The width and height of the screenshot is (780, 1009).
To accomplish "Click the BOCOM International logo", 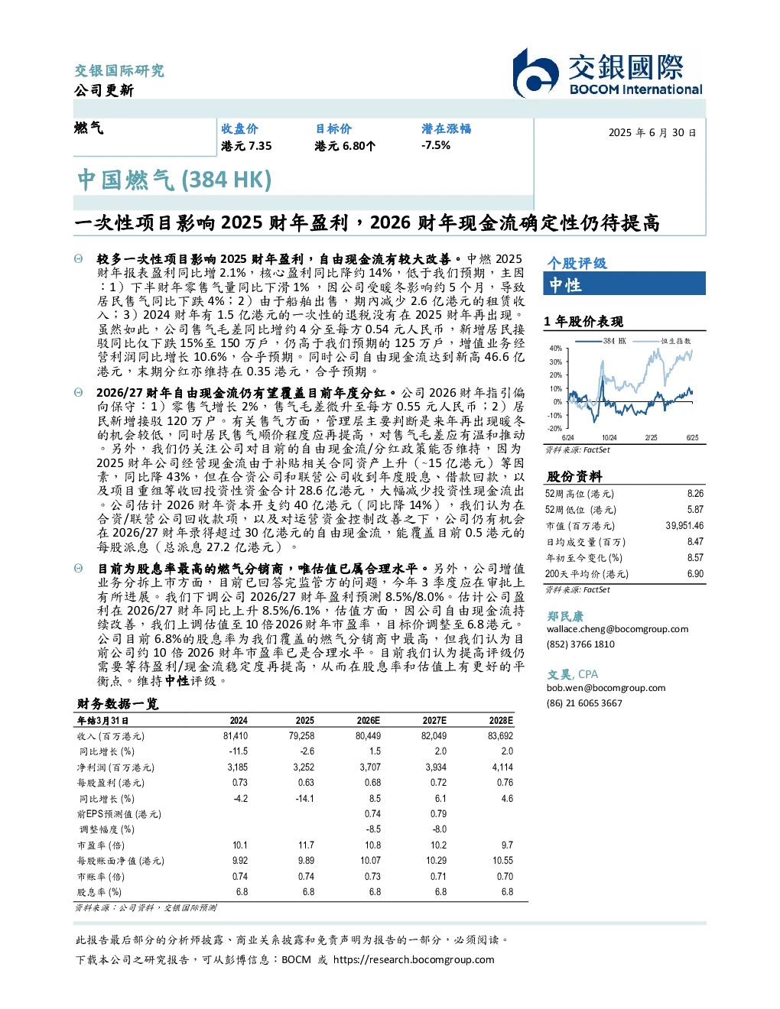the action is coord(607,73).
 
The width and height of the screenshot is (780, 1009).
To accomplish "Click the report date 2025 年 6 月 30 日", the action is coord(652,133).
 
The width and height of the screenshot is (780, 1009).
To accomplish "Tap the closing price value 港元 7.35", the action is coord(246,146).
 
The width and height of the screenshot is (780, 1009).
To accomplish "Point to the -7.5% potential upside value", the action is coord(436,145).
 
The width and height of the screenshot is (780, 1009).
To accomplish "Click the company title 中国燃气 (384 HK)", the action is coord(174,180).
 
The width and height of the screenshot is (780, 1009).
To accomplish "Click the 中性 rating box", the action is coord(624,284).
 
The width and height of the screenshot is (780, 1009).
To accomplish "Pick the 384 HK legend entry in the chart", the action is coord(600,341).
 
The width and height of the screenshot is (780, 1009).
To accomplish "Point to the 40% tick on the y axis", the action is coord(556,349).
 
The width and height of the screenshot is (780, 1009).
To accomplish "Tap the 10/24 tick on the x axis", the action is coord(609,438).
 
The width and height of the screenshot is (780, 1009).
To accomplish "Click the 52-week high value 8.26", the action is coord(695,494).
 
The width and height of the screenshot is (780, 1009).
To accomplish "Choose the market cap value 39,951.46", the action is coord(684,526).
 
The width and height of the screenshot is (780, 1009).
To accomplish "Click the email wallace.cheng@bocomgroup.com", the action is coord(617,629).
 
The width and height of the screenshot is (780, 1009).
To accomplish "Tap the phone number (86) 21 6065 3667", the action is coord(584,703).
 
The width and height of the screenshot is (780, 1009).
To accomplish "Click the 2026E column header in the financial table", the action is coord(369,721).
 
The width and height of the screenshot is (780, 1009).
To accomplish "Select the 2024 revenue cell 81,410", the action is coord(236,736).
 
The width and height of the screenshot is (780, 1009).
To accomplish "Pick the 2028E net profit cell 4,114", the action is coord(502,767).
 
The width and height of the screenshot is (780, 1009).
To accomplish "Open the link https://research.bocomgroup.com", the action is coord(414,960).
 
